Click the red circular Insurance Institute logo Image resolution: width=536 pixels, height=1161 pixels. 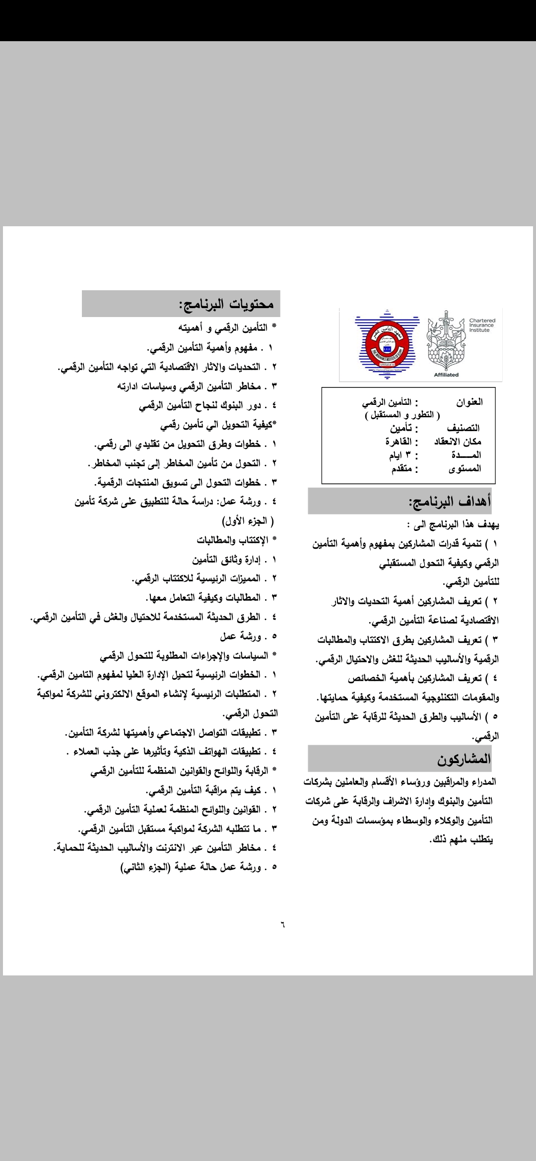tap(387, 343)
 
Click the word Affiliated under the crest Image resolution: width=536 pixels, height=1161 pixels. tap(446, 375)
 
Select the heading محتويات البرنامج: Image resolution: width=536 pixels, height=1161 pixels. tap(226, 304)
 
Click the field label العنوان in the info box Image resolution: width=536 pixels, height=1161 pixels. tap(469, 402)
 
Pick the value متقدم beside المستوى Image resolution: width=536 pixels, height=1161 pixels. tap(402, 468)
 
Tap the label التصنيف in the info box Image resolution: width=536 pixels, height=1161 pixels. tap(463, 428)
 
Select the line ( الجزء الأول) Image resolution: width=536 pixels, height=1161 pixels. tap(248, 520)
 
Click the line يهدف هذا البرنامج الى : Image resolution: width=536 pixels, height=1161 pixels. tap(452, 524)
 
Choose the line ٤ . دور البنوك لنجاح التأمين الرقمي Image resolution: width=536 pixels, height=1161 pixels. tap(207, 405)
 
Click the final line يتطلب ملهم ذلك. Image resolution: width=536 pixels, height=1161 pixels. tap(461, 839)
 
